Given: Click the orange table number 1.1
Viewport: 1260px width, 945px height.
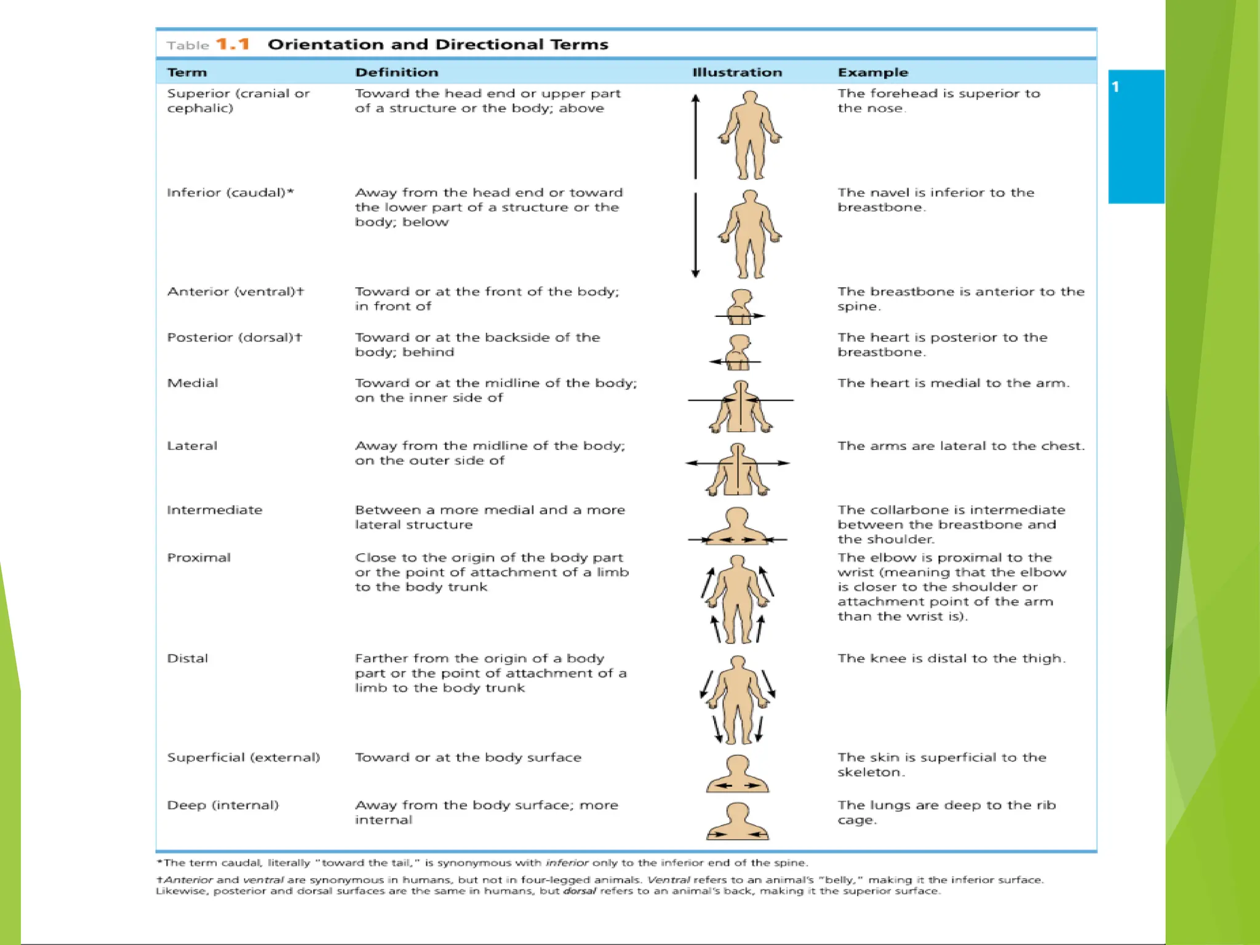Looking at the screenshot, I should pos(233,44).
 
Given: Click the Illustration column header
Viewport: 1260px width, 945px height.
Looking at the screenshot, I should pos(737,72).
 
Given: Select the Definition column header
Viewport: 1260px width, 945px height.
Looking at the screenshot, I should pos(397,72).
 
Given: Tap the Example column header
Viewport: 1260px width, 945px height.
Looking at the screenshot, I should pos(872,72).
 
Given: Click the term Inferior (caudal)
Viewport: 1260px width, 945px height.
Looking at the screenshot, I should pos(230,193).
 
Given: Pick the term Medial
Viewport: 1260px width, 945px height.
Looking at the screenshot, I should pos(193,383).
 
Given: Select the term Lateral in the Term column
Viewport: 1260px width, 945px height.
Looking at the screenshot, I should pos(192,445).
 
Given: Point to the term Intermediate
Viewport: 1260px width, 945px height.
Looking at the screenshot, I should pos(214,509).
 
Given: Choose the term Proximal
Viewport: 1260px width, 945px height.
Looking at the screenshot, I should pos(199,557).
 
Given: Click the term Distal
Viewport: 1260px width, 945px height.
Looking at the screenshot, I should pos(188,658).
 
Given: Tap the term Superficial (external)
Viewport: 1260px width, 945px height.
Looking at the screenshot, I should pos(244,757).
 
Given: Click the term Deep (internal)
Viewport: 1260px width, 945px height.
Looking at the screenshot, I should pos(223,805).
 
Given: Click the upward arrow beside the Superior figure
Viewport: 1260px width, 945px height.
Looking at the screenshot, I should pos(696,135).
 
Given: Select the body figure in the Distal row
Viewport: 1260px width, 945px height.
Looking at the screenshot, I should pos(737,699).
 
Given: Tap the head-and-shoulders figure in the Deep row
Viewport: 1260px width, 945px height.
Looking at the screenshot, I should pos(737,821).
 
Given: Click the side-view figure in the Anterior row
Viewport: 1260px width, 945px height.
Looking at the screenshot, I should pos(740,306).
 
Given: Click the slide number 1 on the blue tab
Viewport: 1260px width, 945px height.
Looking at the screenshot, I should pos(1115,87).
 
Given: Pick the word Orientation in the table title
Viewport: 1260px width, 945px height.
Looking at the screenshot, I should pos(326,44).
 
